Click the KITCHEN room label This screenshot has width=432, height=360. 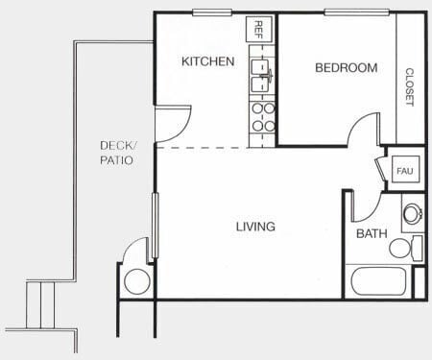[x=207, y=62]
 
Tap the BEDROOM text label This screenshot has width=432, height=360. [x=347, y=68]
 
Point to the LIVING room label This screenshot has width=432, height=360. [x=255, y=228]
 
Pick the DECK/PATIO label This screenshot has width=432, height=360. [x=118, y=153]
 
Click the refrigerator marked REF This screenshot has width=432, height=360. [x=257, y=30]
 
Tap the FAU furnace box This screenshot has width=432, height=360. [x=404, y=171]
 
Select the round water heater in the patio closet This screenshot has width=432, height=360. [x=136, y=281]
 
